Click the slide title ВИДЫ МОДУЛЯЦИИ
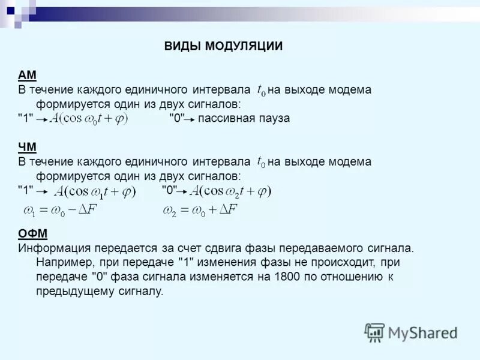pyautogui.click(x=223, y=47)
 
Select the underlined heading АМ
pyautogui.click(x=27, y=75)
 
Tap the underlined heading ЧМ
pyautogui.click(x=27, y=147)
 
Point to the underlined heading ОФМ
pyautogui.click(x=32, y=233)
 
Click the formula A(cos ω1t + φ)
pyautogui.click(x=95, y=191)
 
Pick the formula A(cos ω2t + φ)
pyautogui.click(x=231, y=191)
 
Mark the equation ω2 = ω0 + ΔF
pyautogui.click(x=200, y=210)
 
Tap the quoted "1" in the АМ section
pyautogui.click(x=25, y=119)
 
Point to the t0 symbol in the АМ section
pyautogui.click(x=261, y=91)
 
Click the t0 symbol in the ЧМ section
pyautogui.click(x=261, y=162)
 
